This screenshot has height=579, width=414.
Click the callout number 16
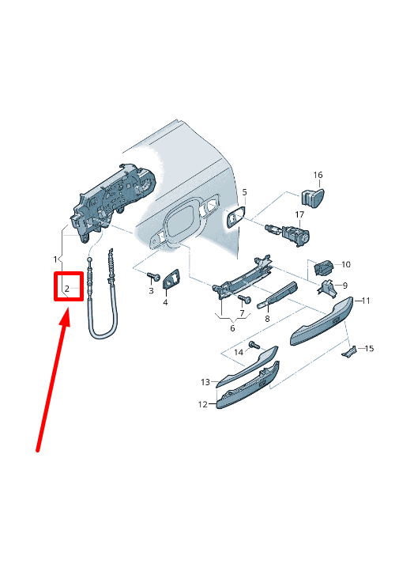(x=318, y=175)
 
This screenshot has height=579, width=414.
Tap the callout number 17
(x=299, y=214)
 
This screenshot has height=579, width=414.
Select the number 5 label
(x=244, y=193)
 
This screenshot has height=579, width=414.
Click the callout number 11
(x=366, y=301)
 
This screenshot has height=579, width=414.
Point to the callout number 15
(x=369, y=349)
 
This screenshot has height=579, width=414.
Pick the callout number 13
(x=205, y=382)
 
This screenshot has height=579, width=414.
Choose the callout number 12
(x=202, y=404)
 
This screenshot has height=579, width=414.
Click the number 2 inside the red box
(x=67, y=289)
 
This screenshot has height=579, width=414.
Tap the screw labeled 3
(x=153, y=276)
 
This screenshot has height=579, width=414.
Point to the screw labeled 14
(x=254, y=346)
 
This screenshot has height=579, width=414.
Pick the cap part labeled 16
(x=313, y=199)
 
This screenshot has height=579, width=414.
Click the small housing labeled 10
(x=323, y=267)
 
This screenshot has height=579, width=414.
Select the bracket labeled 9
(x=328, y=288)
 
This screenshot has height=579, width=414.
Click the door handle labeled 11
(x=321, y=320)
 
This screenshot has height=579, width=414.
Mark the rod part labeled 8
(x=277, y=295)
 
